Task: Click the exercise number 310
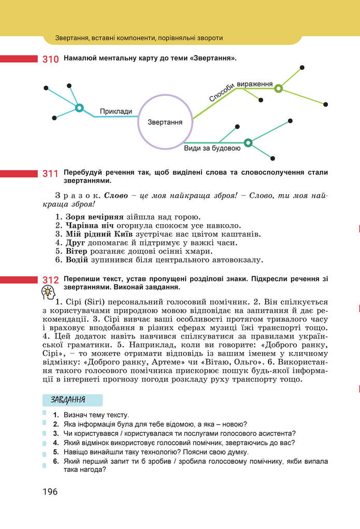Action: click(x=50, y=59)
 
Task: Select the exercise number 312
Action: click(x=50, y=280)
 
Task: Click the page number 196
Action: click(x=50, y=491)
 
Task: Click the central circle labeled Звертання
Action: click(x=165, y=123)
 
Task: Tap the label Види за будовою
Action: click(x=212, y=149)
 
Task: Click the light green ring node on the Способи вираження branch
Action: click(x=279, y=89)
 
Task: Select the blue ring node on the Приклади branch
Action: click(x=79, y=108)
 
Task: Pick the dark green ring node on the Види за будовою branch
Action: click(x=248, y=142)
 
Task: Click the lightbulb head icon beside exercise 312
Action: click(x=48, y=293)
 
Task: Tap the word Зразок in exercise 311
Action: click(x=77, y=196)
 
